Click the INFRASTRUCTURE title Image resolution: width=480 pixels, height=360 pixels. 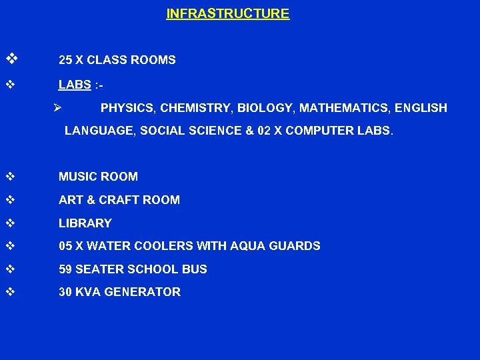(x=227, y=13)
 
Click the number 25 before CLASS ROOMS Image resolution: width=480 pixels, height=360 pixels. (x=65, y=60)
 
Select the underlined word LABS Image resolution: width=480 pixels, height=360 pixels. (x=75, y=85)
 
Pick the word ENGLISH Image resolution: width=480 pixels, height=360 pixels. (x=421, y=108)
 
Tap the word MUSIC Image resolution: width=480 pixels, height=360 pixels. (x=76, y=177)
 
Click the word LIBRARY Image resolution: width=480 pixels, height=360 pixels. (x=85, y=223)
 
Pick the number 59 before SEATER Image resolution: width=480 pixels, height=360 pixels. (x=65, y=269)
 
